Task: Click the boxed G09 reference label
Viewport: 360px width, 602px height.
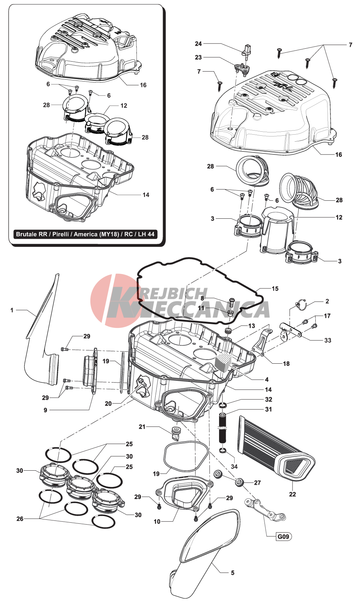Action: point(283,536)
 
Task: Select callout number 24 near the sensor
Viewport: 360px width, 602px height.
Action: point(198,44)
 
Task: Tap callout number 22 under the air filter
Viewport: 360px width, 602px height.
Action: point(292,494)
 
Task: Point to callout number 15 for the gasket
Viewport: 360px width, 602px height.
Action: point(275,288)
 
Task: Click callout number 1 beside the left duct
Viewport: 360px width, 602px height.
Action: point(12,310)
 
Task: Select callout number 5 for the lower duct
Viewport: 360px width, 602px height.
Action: point(233,573)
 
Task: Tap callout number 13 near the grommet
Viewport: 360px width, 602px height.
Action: point(252,326)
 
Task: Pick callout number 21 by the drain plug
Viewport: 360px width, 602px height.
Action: point(142,427)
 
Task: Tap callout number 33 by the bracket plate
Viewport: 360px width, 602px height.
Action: point(328,340)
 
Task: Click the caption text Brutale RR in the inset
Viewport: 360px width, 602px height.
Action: point(32,234)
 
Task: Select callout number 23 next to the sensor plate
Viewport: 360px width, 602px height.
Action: point(198,57)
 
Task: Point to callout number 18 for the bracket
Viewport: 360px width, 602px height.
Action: point(286,363)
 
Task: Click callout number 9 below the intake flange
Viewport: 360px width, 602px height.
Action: point(45,410)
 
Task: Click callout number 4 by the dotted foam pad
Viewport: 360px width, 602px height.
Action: point(267,379)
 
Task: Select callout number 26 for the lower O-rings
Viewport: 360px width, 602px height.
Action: point(20,519)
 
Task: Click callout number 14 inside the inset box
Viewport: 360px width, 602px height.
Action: point(146,195)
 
